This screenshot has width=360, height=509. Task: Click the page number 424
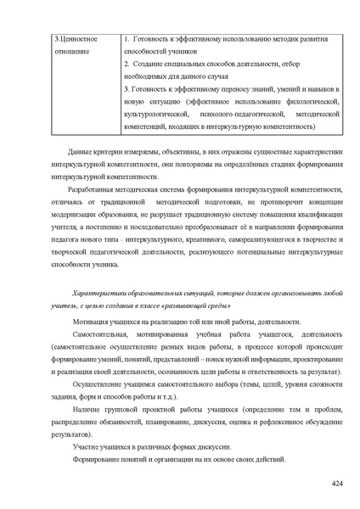[x=336, y=483]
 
